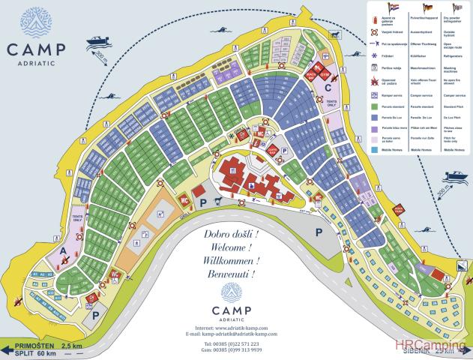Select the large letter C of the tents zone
(328, 88)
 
